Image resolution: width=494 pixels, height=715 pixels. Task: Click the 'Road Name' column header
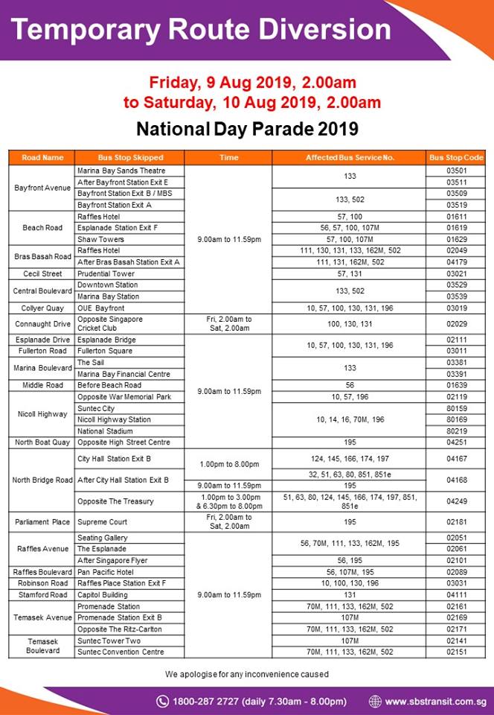tap(42, 158)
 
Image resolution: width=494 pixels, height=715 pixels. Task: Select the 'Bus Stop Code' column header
tap(456, 158)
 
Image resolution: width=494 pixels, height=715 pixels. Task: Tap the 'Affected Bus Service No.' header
tap(350, 158)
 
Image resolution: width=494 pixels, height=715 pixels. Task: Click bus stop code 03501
tap(456, 171)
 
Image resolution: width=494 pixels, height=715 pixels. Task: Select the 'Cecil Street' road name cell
tap(42, 274)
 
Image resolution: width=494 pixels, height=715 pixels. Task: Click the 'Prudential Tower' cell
tap(103, 274)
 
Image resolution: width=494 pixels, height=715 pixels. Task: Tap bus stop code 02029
tap(456, 324)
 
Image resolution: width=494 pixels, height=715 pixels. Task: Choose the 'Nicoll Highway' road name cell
tap(42, 414)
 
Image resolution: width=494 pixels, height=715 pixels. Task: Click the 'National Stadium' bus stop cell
tap(104, 430)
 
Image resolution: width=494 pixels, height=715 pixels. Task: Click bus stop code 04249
tap(456, 501)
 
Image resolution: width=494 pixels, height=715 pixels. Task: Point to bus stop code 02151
tap(456, 652)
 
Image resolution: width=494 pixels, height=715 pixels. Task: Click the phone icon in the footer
tap(162, 701)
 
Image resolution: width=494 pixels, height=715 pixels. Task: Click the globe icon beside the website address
tap(375, 701)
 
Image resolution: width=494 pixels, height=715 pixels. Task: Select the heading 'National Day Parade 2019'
tap(247, 129)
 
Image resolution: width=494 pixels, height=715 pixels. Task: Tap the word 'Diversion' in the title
tap(321, 30)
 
